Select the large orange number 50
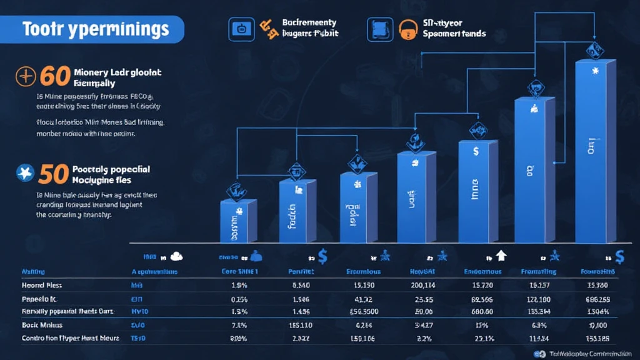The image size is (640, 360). click(x=54, y=174)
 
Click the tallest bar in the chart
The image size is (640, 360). click(x=594, y=150)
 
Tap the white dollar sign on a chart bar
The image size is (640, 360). click(x=476, y=151)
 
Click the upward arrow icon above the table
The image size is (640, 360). click(x=501, y=255)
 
